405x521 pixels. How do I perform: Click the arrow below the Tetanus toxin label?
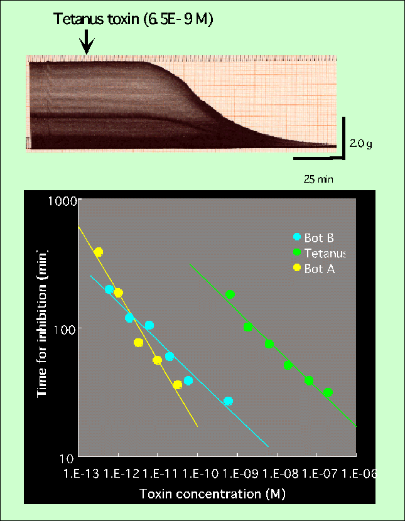coord(87,43)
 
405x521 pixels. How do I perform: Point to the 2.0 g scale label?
coord(361,144)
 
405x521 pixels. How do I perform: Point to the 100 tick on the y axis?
coord(66,329)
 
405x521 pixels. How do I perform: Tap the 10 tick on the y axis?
coord(68,456)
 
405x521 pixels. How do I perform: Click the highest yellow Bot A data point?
coord(98,252)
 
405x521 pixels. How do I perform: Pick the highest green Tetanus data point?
coord(230,294)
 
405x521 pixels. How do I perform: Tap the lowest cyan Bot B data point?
coord(228,401)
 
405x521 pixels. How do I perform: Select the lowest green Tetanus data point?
coord(327,392)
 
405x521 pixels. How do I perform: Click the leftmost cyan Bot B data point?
coord(109,289)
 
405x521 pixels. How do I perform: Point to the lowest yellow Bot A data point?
coord(177,385)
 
